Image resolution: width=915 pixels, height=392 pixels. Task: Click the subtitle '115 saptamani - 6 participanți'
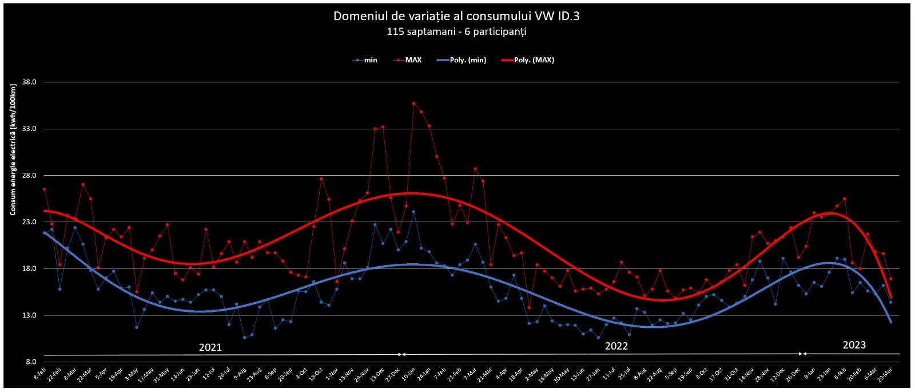(x=456, y=32)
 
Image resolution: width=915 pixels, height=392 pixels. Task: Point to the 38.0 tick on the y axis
(x=29, y=82)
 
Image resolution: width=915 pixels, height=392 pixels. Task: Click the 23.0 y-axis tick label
(x=29, y=222)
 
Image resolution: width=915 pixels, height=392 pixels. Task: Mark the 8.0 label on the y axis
(x=30, y=362)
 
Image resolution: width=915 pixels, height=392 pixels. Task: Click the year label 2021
(x=210, y=347)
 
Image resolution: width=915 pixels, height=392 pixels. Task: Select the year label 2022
(x=616, y=346)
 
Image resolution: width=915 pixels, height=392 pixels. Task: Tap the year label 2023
(x=854, y=345)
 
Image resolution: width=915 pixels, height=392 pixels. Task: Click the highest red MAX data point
(x=413, y=104)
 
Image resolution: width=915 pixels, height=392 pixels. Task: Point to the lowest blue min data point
(x=244, y=338)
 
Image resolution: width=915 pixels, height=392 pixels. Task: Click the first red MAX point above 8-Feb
(x=44, y=189)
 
